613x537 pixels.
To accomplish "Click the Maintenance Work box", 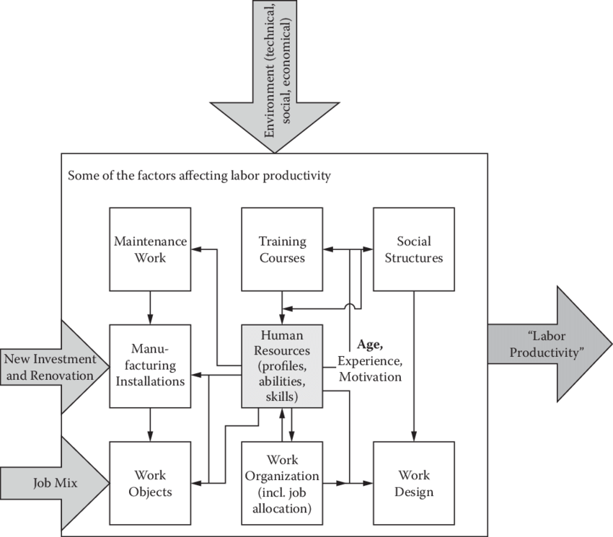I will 150,249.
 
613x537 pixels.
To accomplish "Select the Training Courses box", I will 282,249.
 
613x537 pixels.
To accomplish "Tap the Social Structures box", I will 413,249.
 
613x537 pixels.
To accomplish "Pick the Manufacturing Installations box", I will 150,365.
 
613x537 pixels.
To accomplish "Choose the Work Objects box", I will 150,483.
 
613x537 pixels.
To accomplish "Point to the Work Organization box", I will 282,483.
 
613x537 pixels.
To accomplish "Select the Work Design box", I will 413,483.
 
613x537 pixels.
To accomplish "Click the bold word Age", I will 369,345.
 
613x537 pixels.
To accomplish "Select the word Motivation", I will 369,376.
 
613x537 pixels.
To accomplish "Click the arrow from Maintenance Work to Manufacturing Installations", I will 150,307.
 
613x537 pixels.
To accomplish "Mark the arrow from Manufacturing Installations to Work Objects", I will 150,425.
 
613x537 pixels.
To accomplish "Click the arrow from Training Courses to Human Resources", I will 282,307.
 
